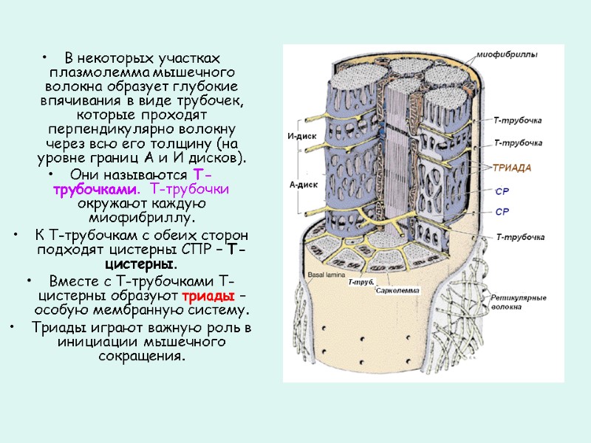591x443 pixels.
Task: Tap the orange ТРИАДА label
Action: (513, 168)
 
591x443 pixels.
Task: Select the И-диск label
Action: (296, 136)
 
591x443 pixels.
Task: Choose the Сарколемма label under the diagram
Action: (397, 290)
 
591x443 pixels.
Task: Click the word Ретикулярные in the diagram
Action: (519, 298)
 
